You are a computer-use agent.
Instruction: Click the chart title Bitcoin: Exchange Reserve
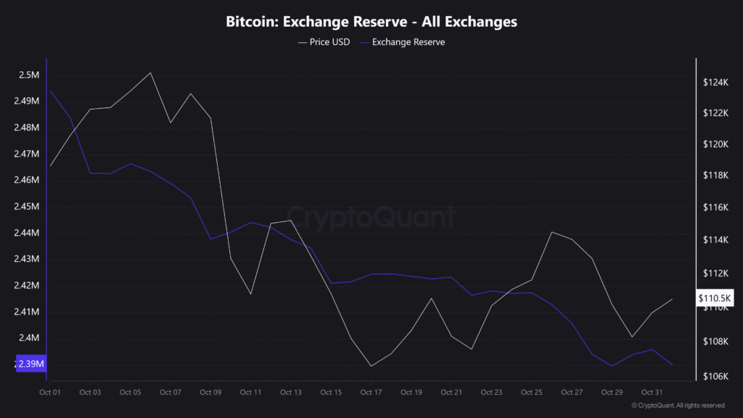click(x=371, y=22)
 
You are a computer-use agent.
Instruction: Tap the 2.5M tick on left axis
click(x=29, y=75)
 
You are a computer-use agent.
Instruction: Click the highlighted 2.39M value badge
click(x=30, y=364)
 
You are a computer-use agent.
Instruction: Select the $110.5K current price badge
click(x=715, y=298)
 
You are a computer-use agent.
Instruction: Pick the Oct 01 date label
click(x=50, y=393)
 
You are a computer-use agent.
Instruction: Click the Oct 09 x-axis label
click(x=210, y=393)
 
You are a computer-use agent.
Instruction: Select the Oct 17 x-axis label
click(x=371, y=393)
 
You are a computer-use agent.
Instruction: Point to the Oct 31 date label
click(x=652, y=393)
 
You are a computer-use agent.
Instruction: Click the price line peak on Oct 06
click(x=150, y=73)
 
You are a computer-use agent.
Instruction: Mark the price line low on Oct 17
click(x=371, y=366)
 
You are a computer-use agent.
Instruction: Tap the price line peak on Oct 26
click(x=552, y=232)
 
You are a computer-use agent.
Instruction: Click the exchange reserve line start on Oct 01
click(x=50, y=91)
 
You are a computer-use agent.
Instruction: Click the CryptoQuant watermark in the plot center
click(x=371, y=217)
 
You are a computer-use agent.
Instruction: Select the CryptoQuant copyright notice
click(x=678, y=406)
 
